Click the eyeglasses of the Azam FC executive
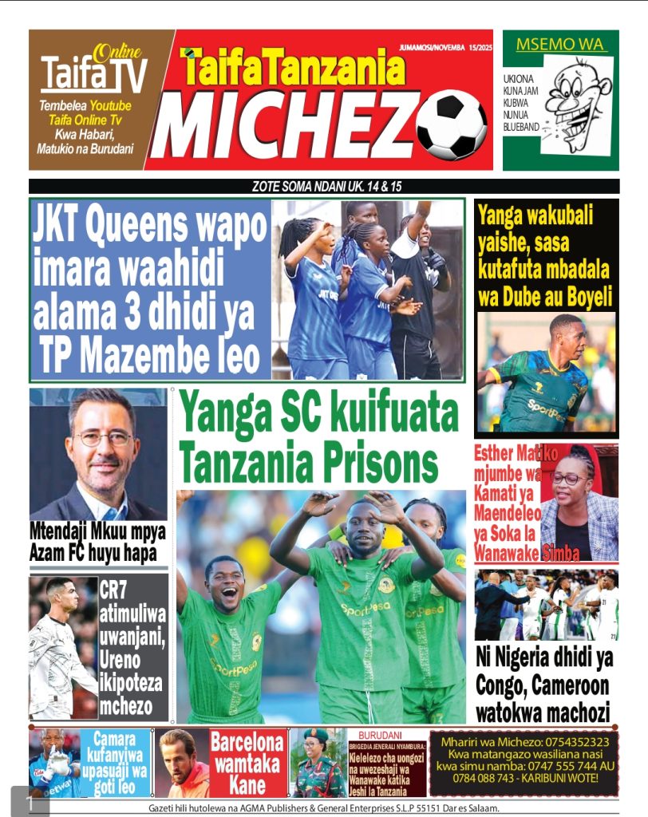105,438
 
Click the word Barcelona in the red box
247,740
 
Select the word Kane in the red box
247,784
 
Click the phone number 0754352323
569,741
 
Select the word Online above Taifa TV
117,54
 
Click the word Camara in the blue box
119,739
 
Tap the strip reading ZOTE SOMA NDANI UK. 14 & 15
323,187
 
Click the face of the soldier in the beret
317,751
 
